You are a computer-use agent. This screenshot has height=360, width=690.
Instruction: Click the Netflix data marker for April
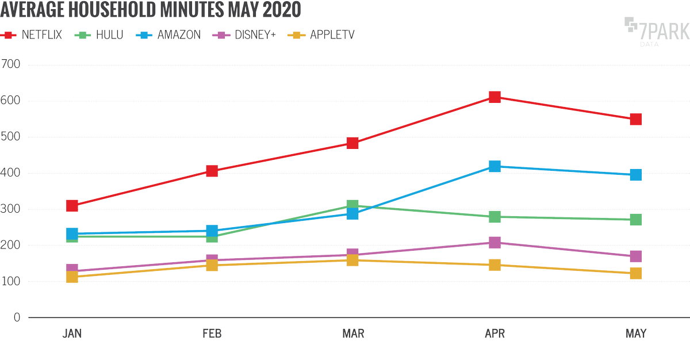click(x=494, y=97)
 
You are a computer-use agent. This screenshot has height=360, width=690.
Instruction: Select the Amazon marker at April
click(x=494, y=167)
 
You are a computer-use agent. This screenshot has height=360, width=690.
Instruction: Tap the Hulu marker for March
click(x=352, y=205)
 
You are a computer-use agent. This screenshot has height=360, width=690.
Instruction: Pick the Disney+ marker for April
click(x=494, y=243)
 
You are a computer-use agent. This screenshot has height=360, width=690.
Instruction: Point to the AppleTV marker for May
click(x=635, y=273)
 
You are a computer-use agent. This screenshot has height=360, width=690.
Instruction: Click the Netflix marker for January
click(x=72, y=206)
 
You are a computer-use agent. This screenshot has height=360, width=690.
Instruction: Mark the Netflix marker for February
click(x=212, y=171)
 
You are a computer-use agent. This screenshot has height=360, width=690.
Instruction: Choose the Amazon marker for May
click(x=635, y=175)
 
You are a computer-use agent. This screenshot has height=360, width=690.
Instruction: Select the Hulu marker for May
click(x=635, y=220)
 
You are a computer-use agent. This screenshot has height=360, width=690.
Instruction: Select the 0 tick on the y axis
click(x=18, y=318)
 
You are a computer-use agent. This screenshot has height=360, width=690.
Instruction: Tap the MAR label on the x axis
click(x=352, y=334)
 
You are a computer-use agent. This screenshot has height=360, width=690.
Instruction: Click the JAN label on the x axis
click(x=72, y=334)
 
